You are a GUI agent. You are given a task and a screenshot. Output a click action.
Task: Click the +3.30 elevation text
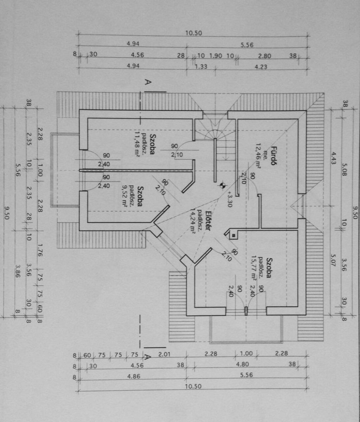click(230, 199)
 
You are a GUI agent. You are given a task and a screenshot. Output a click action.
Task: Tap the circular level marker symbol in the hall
click(221, 184)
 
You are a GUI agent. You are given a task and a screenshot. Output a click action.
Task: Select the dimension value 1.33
click(201, 67)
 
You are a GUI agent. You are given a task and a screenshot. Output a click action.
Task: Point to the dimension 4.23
click(261, 67)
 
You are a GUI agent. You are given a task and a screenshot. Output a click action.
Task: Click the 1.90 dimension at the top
click(216, 56)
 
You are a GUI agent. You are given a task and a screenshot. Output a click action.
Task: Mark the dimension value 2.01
click(164, 354)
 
